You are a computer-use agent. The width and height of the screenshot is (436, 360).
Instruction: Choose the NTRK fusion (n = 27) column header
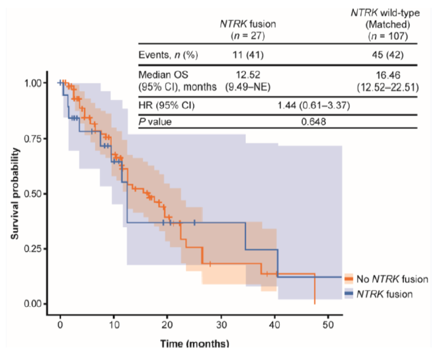click(x=247, y=30)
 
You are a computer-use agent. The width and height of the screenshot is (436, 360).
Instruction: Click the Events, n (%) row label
click(x=168, y=55)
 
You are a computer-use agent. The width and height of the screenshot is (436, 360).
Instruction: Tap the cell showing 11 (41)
click(x=247, y=55)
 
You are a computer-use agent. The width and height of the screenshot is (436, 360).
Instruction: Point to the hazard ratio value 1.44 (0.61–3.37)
click(x=313, y=106)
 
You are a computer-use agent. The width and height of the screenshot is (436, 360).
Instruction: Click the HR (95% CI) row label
click(x=166, y=106)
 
